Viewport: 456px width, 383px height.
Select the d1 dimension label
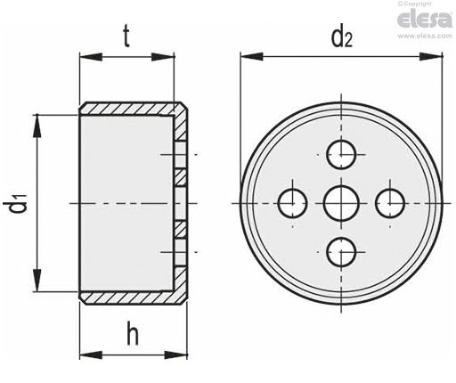click(15, 206)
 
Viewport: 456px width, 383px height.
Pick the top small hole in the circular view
click(341, 154)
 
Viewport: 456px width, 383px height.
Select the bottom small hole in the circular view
click(341, 252)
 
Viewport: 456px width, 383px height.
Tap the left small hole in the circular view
click(292, 203)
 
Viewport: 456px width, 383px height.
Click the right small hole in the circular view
click(390, 203)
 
